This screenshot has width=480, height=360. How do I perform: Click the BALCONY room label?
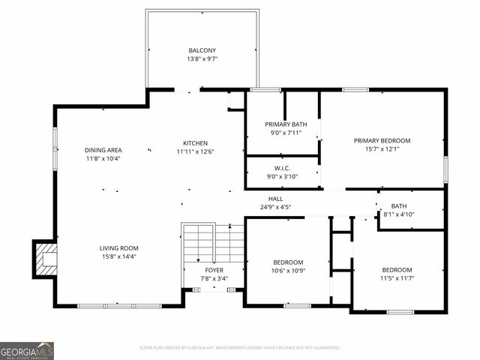202,50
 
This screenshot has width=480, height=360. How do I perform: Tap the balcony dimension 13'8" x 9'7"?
202,58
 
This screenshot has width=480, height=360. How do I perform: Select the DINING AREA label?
103,150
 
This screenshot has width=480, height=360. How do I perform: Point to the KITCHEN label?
196,143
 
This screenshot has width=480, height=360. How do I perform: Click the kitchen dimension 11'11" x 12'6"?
196,151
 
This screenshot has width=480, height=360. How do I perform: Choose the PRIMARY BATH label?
286,124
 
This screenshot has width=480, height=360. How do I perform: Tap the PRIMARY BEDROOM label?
382,140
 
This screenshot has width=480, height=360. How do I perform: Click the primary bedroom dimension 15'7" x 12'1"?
382,148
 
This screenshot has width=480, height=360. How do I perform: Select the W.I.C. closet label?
283,169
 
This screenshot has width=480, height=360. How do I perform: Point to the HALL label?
275,199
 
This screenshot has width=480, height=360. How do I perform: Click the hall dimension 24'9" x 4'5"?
275,207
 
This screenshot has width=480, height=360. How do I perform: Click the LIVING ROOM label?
119,248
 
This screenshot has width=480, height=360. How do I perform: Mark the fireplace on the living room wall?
44,259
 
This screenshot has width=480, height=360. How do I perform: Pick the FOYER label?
214,270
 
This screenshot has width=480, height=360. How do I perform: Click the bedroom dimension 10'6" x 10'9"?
288,270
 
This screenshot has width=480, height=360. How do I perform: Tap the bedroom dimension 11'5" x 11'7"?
397,278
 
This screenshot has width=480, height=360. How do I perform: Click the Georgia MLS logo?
27,351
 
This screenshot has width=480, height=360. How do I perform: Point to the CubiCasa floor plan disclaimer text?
240,348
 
